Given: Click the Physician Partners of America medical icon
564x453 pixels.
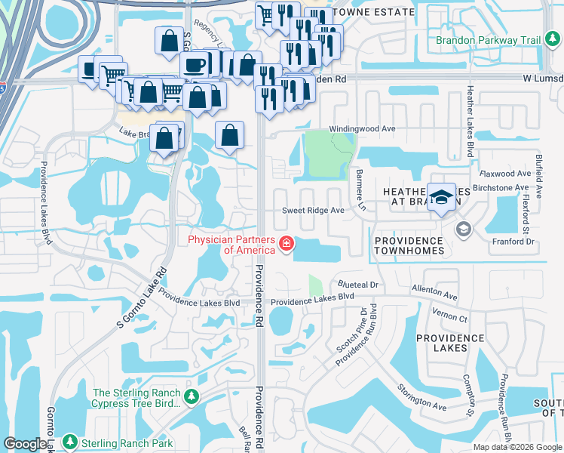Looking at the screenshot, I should [287, 244].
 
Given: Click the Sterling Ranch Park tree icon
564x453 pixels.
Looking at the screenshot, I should [70, 442].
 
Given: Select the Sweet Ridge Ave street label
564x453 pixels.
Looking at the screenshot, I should [313, 211].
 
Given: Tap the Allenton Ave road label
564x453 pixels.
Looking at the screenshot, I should [434, 292].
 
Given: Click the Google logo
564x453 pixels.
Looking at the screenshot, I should [24, 444].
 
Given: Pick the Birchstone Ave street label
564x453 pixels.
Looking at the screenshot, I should [500, 187].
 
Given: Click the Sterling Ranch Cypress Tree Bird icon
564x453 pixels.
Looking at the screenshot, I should [192, 396].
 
